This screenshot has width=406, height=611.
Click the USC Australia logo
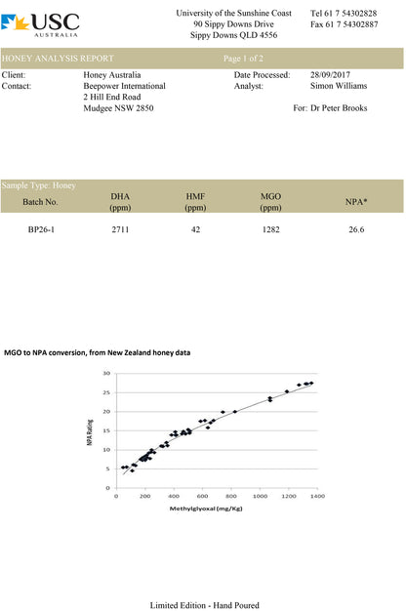40,25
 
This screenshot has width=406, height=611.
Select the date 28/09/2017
330,74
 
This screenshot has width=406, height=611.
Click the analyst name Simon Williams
339,86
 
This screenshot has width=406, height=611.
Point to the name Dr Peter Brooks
339,108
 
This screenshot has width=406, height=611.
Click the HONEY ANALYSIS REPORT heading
58,59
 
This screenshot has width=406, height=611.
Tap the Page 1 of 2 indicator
243,59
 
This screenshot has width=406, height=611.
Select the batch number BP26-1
41,229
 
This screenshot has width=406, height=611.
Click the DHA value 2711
120,229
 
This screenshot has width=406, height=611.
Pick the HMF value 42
195,229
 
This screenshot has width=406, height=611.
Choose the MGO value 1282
270,229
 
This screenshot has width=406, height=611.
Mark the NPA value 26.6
356,229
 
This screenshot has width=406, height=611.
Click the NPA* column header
356,202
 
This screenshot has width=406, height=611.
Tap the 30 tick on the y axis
106,373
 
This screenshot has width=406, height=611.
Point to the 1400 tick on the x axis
317,496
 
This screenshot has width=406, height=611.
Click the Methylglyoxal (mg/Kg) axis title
206,509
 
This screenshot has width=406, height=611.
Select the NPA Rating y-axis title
90,432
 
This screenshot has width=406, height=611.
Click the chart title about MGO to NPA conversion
97,352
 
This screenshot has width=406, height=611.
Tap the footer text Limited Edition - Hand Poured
205,605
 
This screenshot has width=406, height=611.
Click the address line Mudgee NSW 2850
118,108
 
